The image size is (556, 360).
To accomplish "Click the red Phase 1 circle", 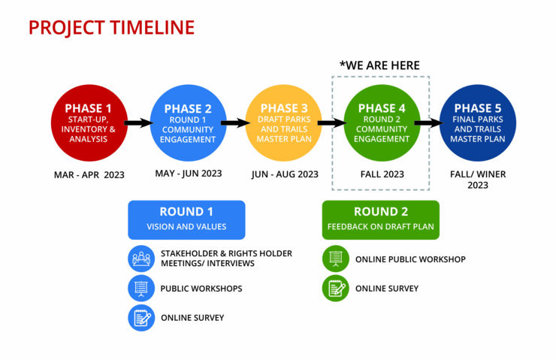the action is click(x=89, y=123).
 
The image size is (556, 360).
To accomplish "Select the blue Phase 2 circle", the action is click(x=188, y=123).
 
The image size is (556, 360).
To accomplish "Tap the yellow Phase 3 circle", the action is click(x=284, y=123).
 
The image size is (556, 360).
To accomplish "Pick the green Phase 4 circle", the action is click(x=382, y=123).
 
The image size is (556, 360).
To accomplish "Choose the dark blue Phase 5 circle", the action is click(x=478, y=123).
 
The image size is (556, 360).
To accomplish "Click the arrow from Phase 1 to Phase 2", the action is click(x=139, y=123).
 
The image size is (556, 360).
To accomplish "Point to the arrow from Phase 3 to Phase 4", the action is click(x=332, y=123).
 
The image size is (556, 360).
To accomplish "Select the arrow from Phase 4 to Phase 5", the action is click(x=429, y=123).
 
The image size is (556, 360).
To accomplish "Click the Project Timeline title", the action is click(x=111, y=27).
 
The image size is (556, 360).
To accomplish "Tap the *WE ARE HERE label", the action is click(x=379, y=65).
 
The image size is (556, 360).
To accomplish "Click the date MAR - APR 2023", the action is click(x=89, y=175).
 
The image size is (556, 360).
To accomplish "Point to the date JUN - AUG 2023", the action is click(x=285, y=174).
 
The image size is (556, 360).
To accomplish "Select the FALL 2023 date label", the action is click(x=382, y=174).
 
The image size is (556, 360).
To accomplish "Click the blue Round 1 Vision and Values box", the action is click(x=186, y=220).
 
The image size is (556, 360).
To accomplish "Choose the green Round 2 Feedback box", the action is click(x=380, y=220).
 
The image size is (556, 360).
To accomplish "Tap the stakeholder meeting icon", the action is click(x=141, y=259).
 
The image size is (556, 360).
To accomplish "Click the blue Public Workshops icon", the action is click(x=141, y=289).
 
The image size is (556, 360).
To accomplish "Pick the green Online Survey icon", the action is click(x=335, y=289).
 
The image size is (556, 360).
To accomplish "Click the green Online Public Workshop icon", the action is click(x=335, y=259).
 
